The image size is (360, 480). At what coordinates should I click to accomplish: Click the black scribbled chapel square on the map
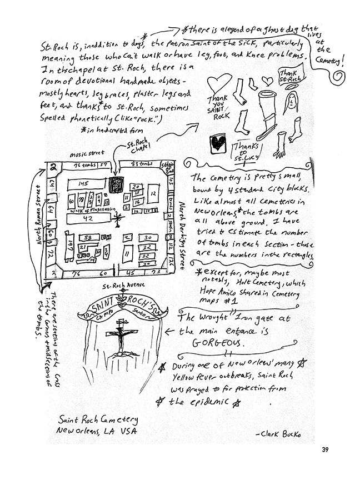coord(116,184)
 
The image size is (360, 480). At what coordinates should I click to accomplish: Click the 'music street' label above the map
coord(88,153)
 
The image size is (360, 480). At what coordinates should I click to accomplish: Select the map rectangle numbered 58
coord(89,237)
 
